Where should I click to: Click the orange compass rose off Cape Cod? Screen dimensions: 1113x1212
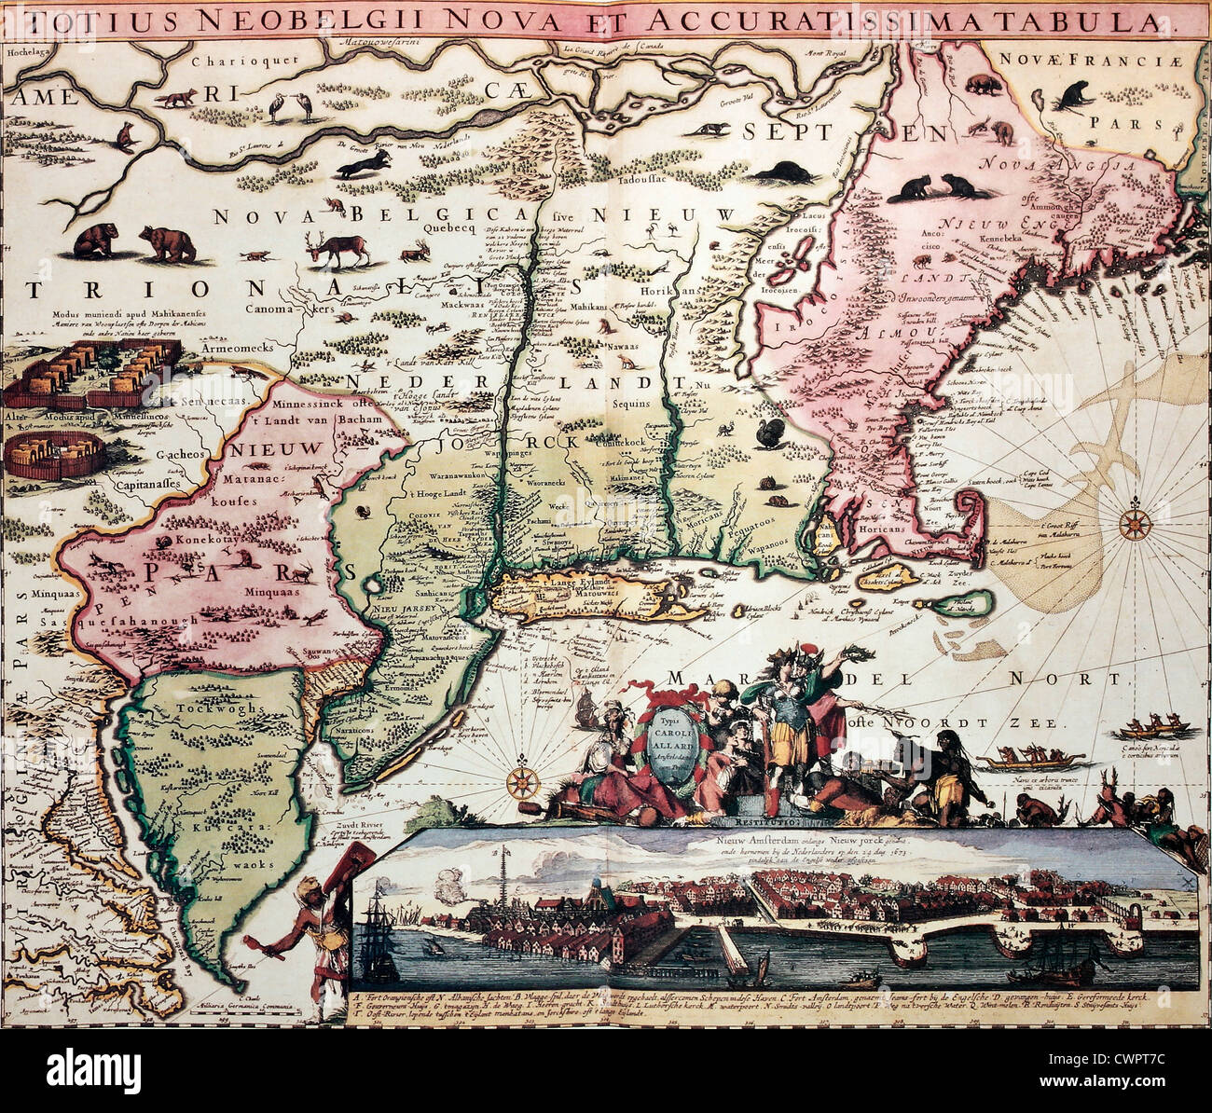(1135, 524)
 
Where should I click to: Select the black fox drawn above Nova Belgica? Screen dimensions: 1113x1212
(364, 166)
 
